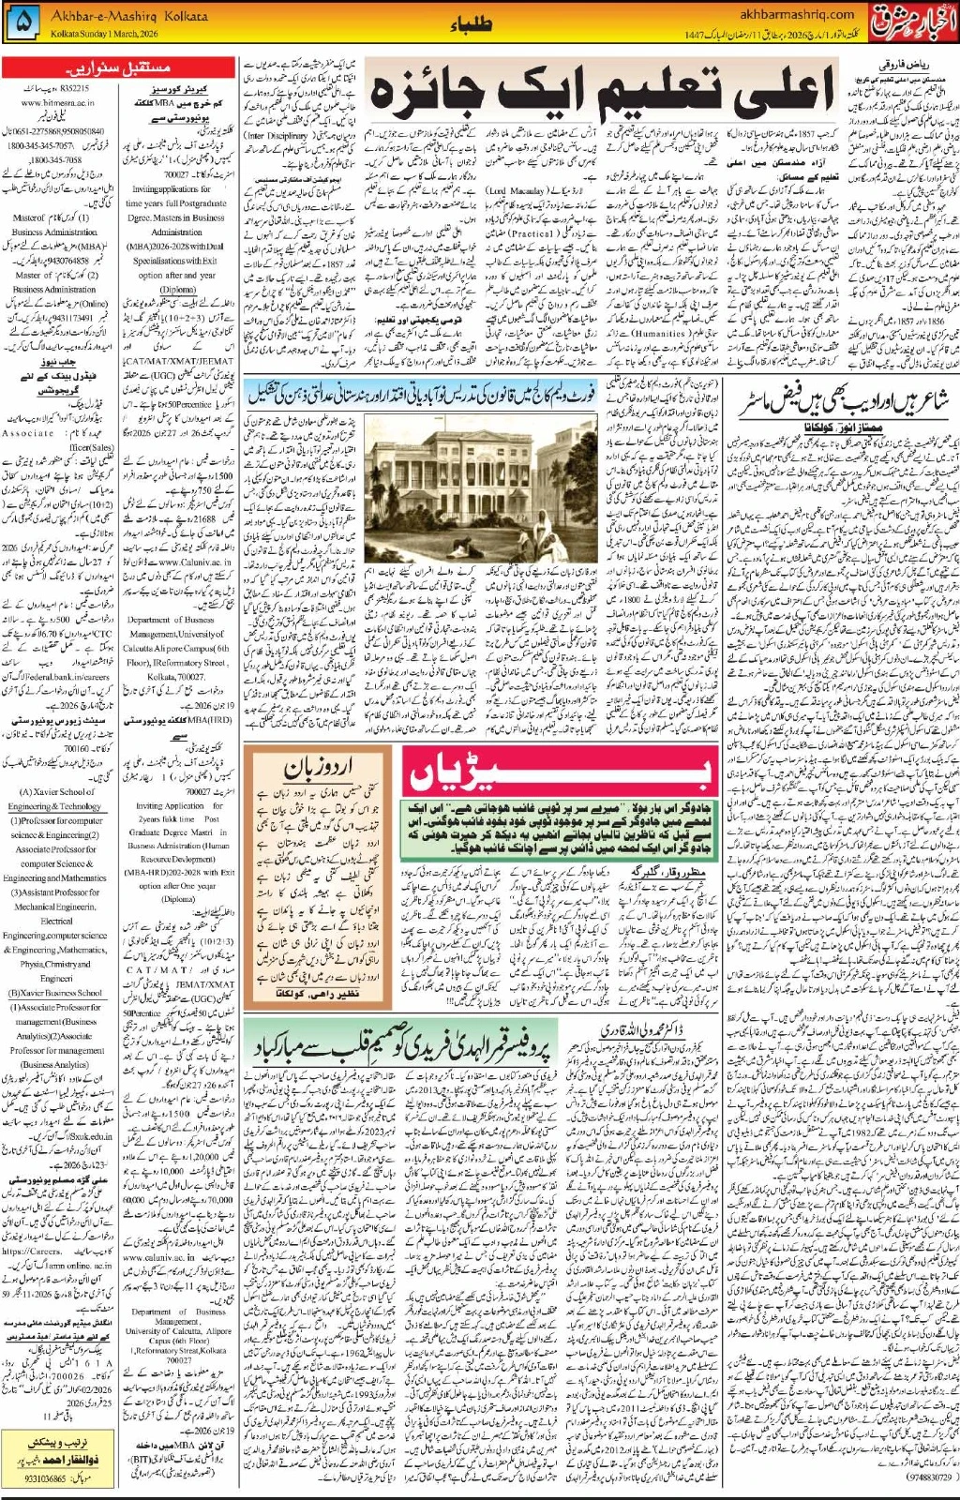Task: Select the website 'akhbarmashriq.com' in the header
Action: click(797, 14)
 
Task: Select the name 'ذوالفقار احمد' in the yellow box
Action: click(52, 1463)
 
